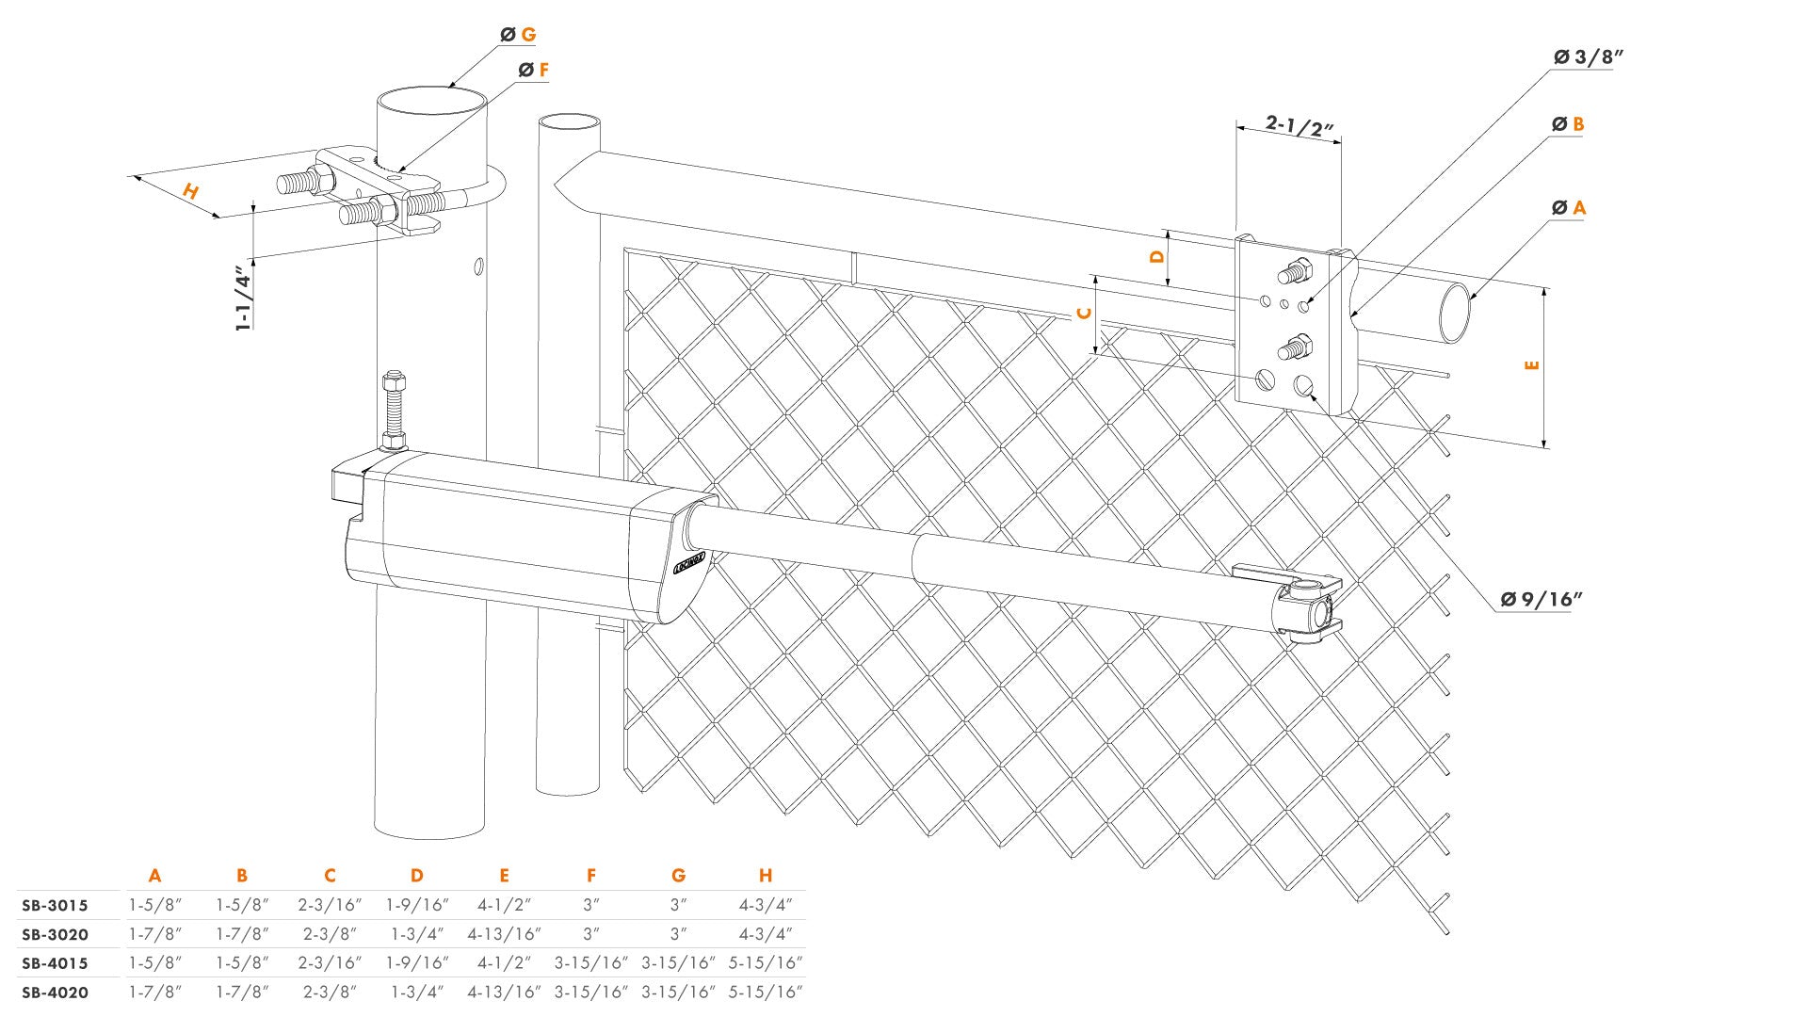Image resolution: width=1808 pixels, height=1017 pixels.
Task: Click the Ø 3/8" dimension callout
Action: (x=1589, y=57)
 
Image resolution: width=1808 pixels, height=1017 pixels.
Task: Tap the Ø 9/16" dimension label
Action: (x=1542, y=599)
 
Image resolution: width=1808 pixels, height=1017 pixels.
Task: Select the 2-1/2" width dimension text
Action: (x=1299, y=126)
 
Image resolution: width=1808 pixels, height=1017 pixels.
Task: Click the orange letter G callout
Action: (x=528, y=35)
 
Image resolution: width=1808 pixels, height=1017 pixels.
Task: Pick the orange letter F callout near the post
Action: (x=543, y=71)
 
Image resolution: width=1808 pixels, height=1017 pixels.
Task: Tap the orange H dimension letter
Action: (x=191, y=191)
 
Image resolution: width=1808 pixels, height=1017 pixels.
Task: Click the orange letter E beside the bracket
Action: (x=1531, y=364)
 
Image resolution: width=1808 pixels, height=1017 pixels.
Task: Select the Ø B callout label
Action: (x=1568, y=124)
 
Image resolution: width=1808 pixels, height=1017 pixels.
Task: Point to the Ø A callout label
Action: (x=1569, y=207)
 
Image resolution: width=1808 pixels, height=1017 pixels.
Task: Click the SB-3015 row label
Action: (x=55, y=906)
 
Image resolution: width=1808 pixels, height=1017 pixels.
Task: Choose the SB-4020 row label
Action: (x=55, y=993)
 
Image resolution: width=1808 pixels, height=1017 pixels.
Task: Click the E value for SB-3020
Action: (x=504, y=935)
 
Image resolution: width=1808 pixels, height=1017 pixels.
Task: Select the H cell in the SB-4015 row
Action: (x=765, y=963)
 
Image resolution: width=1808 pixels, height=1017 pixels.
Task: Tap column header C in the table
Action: (x=330, y=876)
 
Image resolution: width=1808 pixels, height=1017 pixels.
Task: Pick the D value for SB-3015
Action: (x=416, y=906)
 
